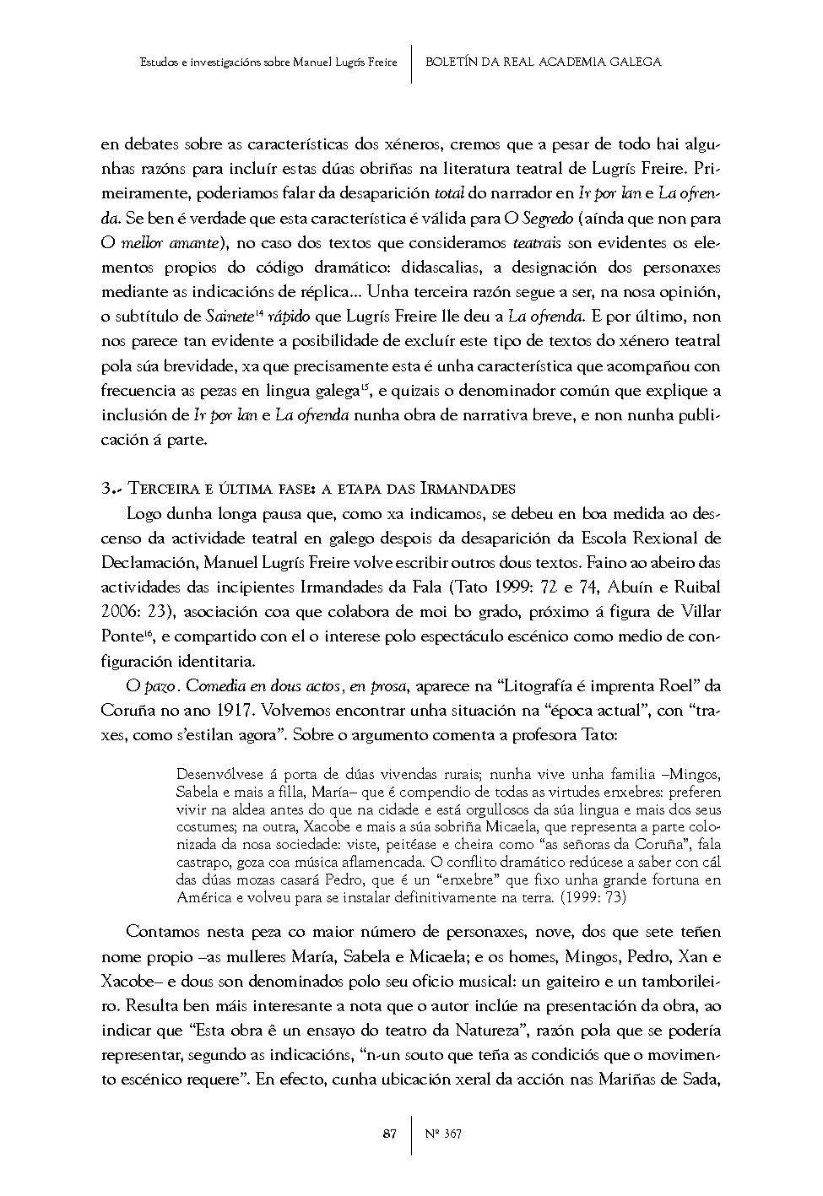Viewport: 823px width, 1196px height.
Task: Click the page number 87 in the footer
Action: pos(389,1134)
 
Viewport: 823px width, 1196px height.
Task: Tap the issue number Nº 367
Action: pos(444,1134)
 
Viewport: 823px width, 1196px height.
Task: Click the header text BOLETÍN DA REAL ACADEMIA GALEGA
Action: pos(544,62)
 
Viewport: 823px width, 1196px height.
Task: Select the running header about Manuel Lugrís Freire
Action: pos(268,62)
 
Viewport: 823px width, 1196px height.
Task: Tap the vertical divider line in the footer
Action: pos(412,1134)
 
